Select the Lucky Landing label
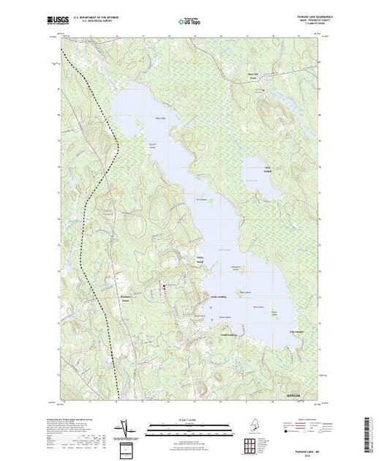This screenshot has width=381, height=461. click(x=219, y=296)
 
